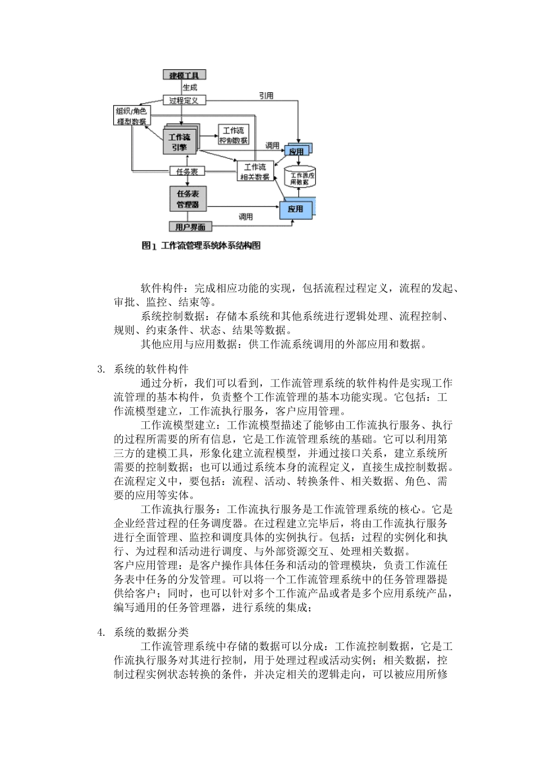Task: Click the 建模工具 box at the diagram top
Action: point(184,75)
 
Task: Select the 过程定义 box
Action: point(184,100)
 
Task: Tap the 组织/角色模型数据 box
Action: point(131,115)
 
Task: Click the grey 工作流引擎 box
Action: point(180,142)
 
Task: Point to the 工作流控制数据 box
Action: point(234,135)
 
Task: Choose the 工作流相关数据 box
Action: point(255,172)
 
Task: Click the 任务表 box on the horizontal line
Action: point(186,171)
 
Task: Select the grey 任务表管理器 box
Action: point(188,199)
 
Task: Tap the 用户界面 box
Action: point(190,227)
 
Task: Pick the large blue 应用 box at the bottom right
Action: point(296,209)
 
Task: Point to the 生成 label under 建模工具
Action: point(190,87)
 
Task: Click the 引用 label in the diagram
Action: point(266,96)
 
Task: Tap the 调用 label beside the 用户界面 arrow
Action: point(245,216)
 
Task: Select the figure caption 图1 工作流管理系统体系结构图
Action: point(201,246)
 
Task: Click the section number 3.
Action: point(101,369)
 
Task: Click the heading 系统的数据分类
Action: point(151,633)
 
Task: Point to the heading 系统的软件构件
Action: point(151,369)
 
